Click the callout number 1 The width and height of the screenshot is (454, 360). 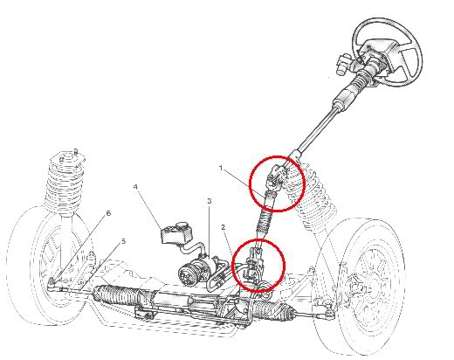coord(221,168)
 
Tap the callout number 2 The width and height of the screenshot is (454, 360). coord(224,227)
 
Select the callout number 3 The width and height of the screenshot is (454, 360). coord(210,201)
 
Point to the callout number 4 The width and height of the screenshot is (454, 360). coord(135,187)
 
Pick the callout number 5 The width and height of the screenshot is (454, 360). coord(124,241)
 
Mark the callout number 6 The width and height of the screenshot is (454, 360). coord(108,213)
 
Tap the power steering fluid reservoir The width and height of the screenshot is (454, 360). coord(177,232)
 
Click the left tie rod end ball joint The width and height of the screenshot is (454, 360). coord(52,283)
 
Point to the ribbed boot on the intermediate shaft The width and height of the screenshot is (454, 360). coord(264,221)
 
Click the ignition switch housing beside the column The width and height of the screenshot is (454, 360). coord(343,64)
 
